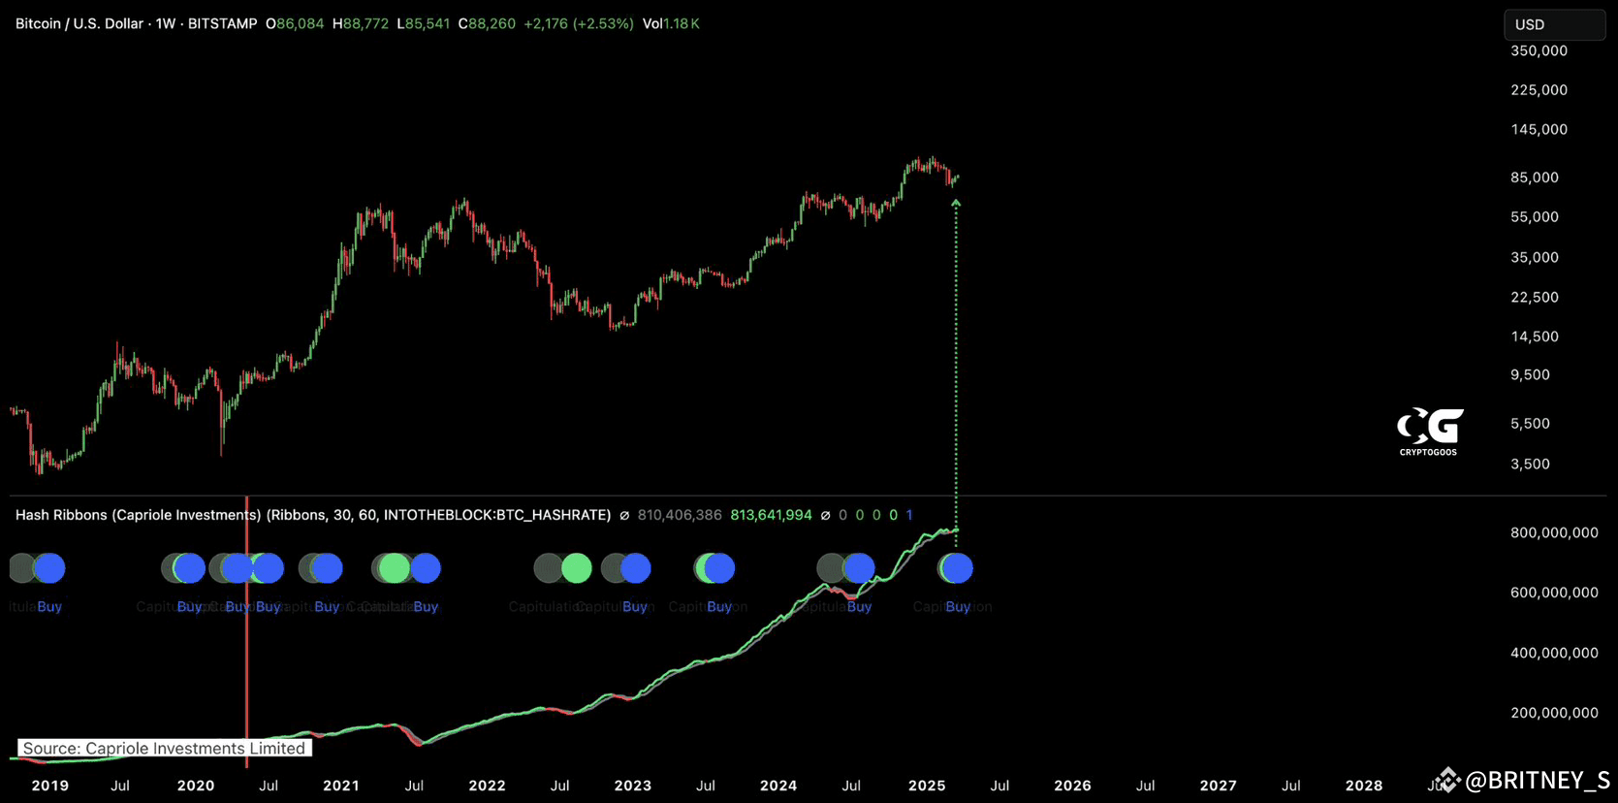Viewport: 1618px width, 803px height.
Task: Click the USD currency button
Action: (1553, 24)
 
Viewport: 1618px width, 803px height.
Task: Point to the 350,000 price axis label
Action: (1539, 50)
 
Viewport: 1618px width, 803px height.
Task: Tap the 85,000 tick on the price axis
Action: (1534, 177)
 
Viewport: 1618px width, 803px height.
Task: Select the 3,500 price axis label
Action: (1530, 464)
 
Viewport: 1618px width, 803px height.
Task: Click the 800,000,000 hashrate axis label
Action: (1554, 532)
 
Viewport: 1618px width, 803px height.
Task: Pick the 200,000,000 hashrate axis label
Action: (1554, 713)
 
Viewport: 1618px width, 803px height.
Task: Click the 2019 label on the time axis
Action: (50, 786)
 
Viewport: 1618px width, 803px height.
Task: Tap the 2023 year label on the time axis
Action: (633, 786)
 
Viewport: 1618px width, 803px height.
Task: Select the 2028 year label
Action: (1364, 786)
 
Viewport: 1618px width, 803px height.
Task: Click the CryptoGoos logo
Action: (1429, 431)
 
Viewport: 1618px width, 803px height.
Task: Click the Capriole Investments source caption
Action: (164, 748)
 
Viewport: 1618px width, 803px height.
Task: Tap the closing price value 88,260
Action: (492, 23)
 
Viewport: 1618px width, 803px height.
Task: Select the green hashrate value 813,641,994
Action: (771, 515)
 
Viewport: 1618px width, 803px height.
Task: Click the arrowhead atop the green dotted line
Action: (956, 203)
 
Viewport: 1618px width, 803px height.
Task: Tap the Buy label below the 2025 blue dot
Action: (958, 607)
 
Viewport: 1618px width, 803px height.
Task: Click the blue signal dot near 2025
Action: (957, 568)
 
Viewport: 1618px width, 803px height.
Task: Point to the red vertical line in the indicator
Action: (246, 659)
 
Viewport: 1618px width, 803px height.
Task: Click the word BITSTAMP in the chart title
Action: (222, 23)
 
